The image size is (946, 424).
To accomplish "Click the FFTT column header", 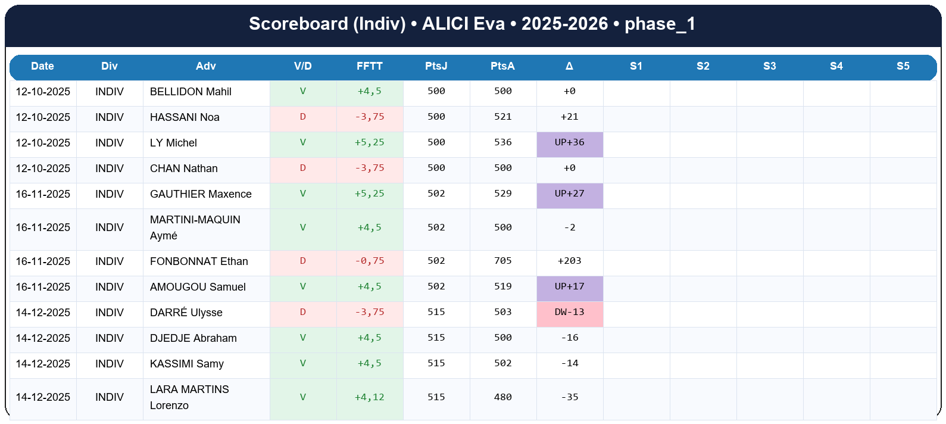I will point(369,66).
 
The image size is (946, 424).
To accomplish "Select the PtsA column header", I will point(502,66).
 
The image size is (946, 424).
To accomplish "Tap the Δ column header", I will point(569,66).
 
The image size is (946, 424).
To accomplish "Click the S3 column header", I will point(769,66).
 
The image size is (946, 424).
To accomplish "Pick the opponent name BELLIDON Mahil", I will point(191,92).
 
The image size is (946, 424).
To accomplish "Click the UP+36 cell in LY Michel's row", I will point(569,143).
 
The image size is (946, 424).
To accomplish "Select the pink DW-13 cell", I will point(569,313).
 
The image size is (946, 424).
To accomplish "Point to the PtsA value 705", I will point(502,261).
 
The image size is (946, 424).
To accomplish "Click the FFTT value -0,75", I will point(369,261).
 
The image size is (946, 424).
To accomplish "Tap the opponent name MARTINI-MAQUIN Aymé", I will point(195,227).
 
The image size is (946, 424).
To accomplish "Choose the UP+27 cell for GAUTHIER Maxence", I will point(569,194).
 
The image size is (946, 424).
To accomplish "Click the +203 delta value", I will point(569,261).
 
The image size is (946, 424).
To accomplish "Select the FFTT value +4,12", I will point(369,397).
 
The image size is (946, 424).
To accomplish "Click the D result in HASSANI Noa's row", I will point(302,117).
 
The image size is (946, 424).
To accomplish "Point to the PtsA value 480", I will point(502,397).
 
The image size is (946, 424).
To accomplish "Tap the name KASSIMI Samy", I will point(187,364).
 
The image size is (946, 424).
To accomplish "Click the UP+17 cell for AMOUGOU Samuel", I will point(569,287).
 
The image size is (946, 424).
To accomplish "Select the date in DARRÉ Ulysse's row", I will point(43,313).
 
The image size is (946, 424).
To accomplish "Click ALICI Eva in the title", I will point(463,24).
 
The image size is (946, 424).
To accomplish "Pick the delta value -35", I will point(569,397).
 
